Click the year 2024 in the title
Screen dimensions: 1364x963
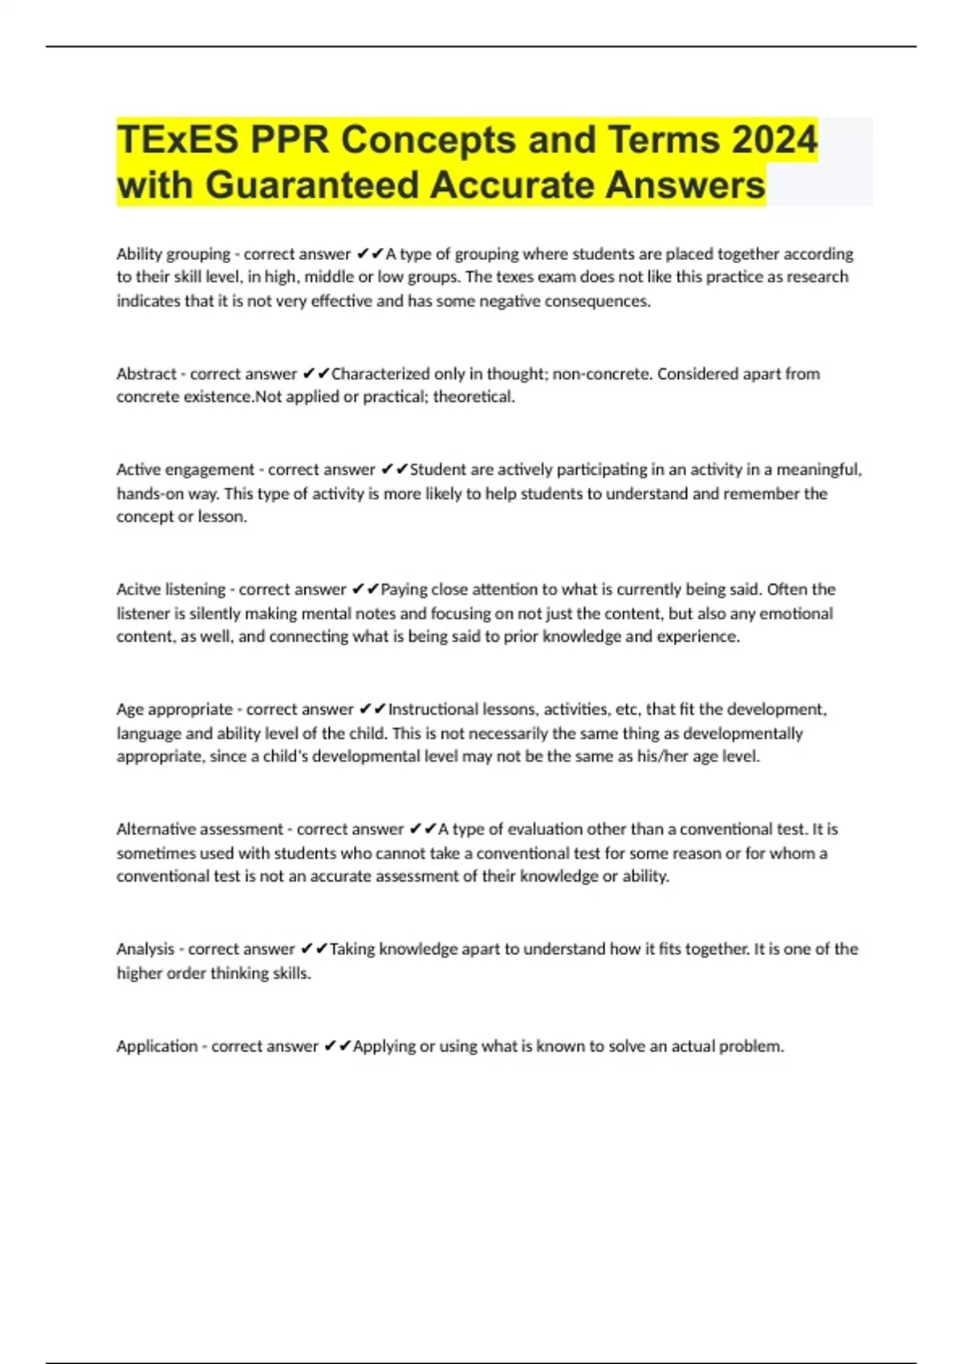774,140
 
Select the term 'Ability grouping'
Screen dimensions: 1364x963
173,254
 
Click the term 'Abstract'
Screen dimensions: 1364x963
146,374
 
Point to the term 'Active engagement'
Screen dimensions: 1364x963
185,469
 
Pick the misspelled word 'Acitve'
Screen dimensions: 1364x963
138,590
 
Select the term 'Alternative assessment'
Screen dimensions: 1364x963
200,830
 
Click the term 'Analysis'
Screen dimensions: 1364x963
145,949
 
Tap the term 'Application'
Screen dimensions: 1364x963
156,1046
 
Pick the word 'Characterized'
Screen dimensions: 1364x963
380,374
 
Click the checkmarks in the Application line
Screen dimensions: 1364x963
337,1046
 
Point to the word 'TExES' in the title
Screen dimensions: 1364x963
177,140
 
